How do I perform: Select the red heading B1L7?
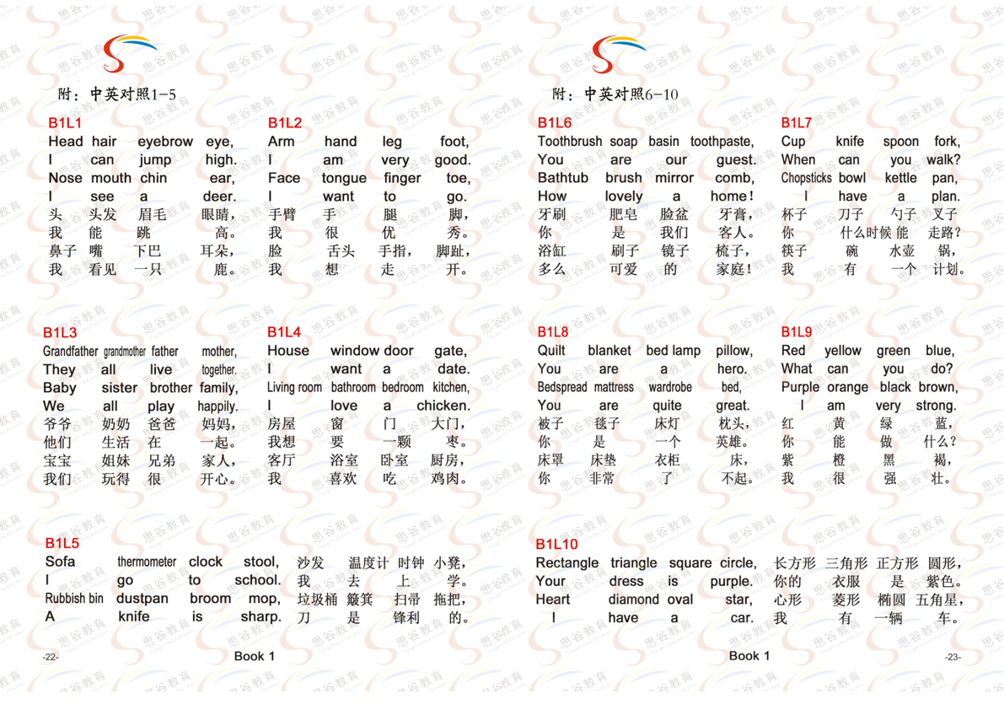pyautogui.click(x=797, y=123)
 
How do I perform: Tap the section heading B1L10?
pyautogui.click(x=557, y=544)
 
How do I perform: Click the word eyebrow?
pyautogui.click(x=165, y=142)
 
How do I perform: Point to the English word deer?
pyautogui.click(x=221, y=196)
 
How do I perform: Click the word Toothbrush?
pyautogui.click(x=571, y=142)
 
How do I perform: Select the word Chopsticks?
pyautogui.click(x=806, y=178)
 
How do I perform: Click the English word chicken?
pyautogui.click(x=443, y=406)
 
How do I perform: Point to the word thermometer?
pyautogui.click(x=147, y=562)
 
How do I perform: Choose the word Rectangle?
pyautogui.click(x=567, y=562)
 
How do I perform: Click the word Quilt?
pyautogui.click(x=553, y=351)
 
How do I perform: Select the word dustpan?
pyautogui.click(x=143, y=598)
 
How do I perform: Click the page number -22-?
pyautogui.click(x=51, y=657)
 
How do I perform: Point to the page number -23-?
pyautogui.click(x=953, y=657)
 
